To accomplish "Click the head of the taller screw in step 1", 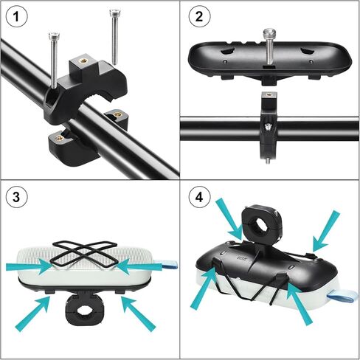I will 114,13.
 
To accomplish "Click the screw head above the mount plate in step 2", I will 271,34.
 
